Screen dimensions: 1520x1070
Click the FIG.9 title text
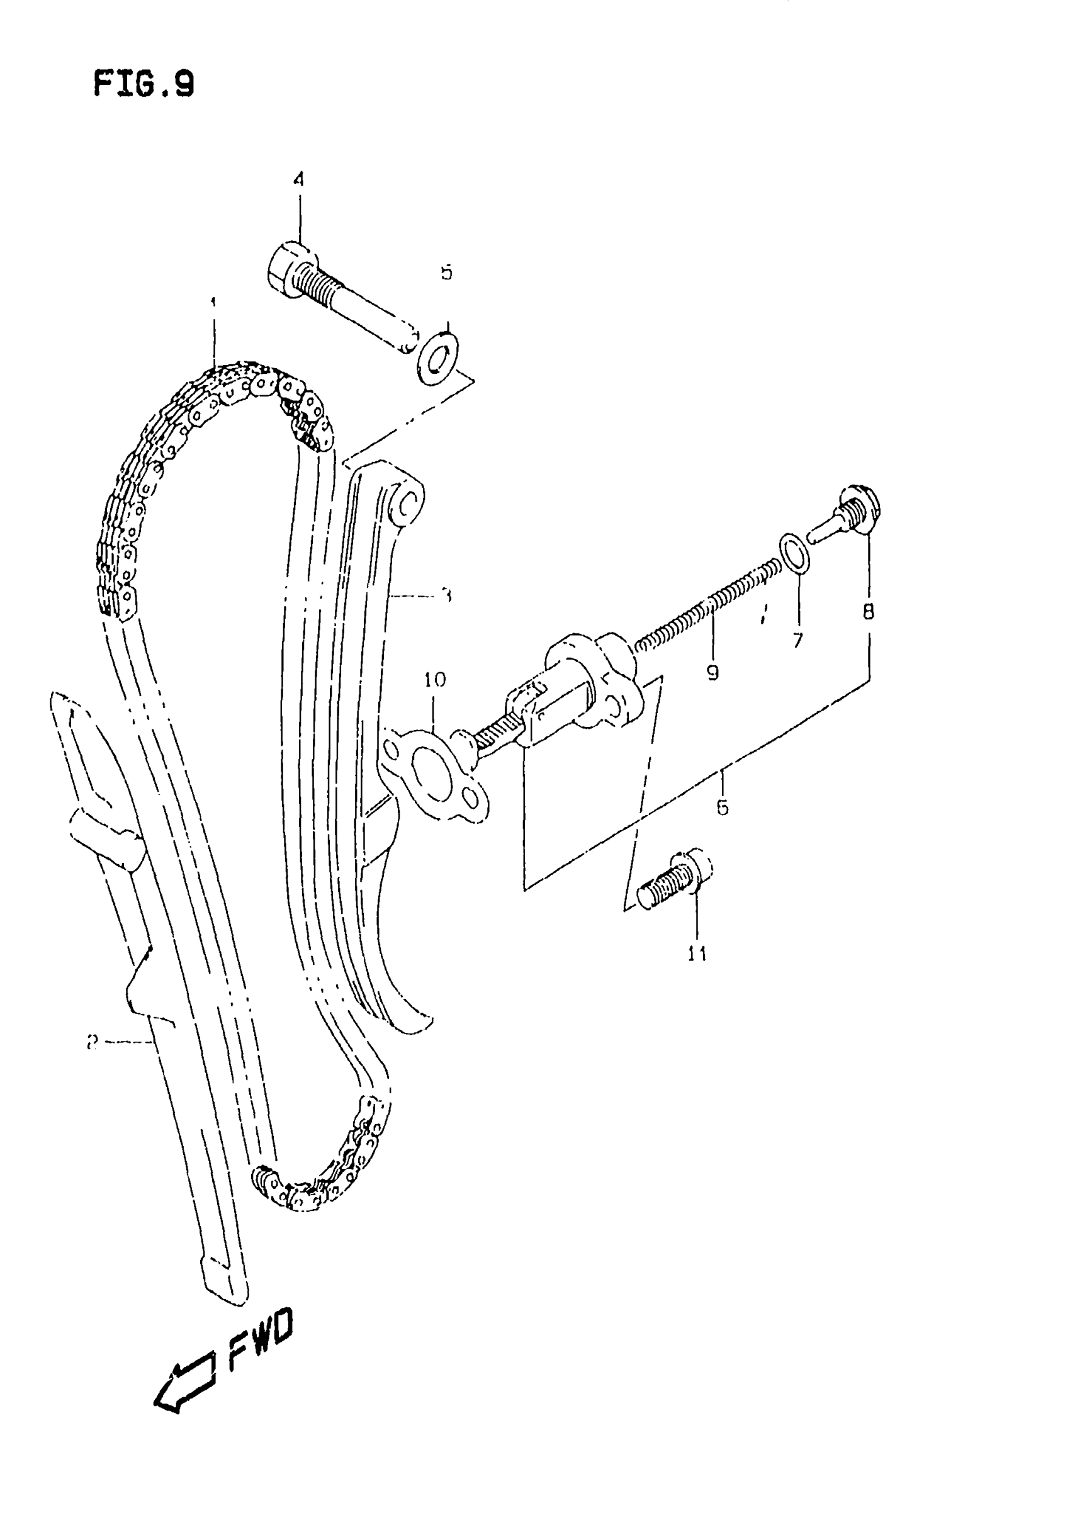[x=144, y=85]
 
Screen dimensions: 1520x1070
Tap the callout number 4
[x=298, y=179]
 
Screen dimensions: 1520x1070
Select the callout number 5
[x=446, y=272]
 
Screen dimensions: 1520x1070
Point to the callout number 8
[x=868, y=611]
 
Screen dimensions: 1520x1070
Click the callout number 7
[x=797, y=639]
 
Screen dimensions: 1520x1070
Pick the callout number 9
[x=712, y=673]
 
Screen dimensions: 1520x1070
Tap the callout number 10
[x=435, y=679]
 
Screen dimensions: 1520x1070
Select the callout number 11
[x=697, y=954]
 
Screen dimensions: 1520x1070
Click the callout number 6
[x=722, y=807]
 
